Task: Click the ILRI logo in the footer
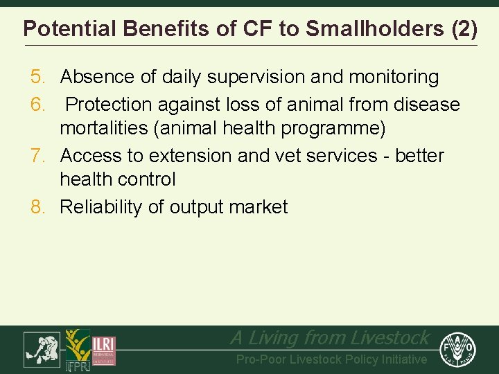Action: click(x=105, y=350)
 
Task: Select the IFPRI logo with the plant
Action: click(x=77, y=350)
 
